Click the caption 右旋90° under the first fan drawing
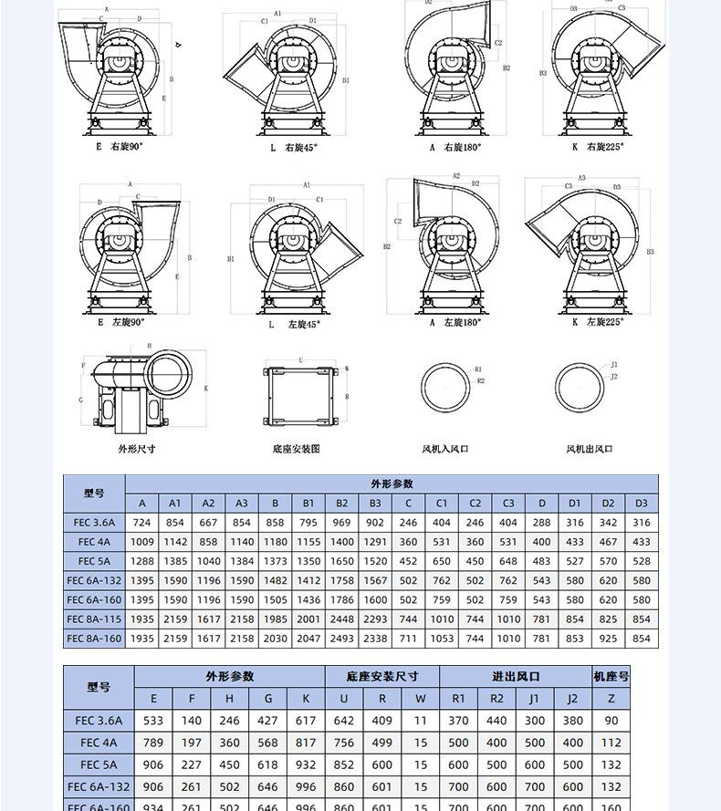[126, 146]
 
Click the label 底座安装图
[296, 449]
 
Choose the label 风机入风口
[445, 449]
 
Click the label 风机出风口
[589, 449]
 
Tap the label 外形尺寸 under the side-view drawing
[136, 449]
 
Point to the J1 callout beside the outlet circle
[614, 365]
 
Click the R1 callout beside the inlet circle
[478, 369]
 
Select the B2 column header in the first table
[341, 503]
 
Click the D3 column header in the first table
[642, 503]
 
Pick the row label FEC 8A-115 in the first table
[94, 619]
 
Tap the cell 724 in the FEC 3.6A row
[141, 523]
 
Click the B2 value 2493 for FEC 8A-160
[341, 639]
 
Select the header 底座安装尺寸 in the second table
[381, 676]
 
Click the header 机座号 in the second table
[611, 676]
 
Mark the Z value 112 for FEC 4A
[611, 743]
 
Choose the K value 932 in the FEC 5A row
[306, 764]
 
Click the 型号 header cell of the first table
[94, 493]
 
